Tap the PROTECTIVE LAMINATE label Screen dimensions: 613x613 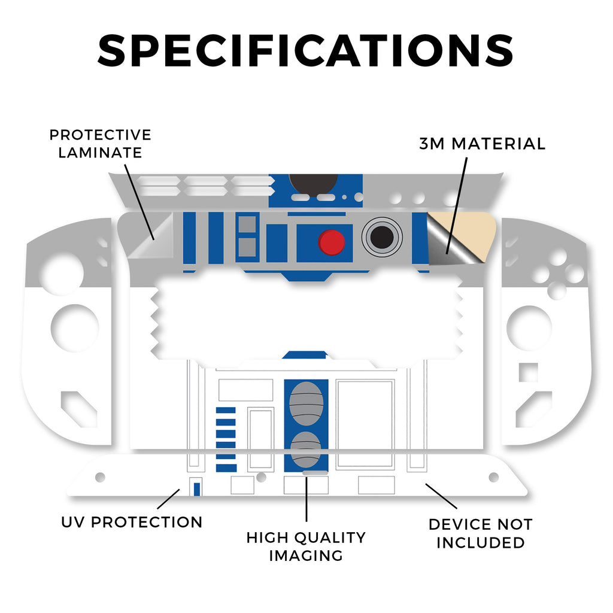point(100,144)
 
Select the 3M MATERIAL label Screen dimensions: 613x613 point(482,144)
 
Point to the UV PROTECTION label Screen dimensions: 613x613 point(132,522)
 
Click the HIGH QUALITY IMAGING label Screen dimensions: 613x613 point(306,546)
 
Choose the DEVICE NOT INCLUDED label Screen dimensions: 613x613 point(480,533)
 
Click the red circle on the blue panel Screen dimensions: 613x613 point(332,242)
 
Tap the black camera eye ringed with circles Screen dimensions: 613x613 point(382,237)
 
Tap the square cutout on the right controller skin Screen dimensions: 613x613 point(527,372)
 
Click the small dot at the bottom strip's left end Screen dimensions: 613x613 point(100,477)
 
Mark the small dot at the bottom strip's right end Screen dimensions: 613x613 point(494,477)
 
